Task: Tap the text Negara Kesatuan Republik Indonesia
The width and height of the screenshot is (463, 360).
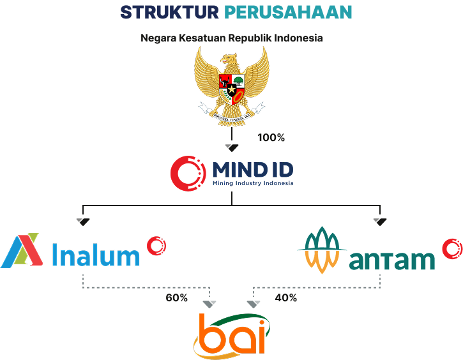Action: (x=231, y=38)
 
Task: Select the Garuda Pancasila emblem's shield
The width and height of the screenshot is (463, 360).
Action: (x=231, y=89)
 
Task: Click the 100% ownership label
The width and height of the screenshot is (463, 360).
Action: (x=271, y=137)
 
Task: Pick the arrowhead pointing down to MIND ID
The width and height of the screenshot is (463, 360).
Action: (x=232, y=148)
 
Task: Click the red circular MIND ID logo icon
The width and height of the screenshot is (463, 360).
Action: (x=188, y=172)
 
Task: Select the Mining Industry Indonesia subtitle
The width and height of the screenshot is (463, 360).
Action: (x=253, y=184)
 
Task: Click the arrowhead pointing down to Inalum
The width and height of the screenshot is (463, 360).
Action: (x=83, y=221)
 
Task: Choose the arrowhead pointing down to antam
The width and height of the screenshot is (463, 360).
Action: (x=380, y=221)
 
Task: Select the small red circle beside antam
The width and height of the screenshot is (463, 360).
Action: (x=452, y=248)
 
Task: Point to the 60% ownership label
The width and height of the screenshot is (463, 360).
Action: (x=177, y=298)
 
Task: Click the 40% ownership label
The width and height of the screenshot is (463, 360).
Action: (x=285, y=298)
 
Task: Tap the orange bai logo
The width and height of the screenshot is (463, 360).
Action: (x=232, y=334)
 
